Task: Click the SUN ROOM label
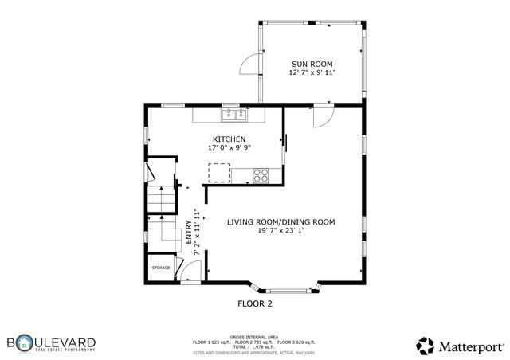[x=312, y=64]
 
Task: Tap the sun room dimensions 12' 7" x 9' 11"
[x=312, y=72]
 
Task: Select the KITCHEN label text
[x=223, y=139]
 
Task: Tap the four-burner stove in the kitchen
[x=261, y=174]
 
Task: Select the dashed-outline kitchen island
[x=219, y=173]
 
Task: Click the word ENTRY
[x=189, y=232]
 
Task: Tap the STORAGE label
[x=161, y=268]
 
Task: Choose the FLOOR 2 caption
[x=255, y=303]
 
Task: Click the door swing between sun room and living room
[x=322, y=116]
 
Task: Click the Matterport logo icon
[x=426, y=345]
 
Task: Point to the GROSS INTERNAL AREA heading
[x=254, y=337]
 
